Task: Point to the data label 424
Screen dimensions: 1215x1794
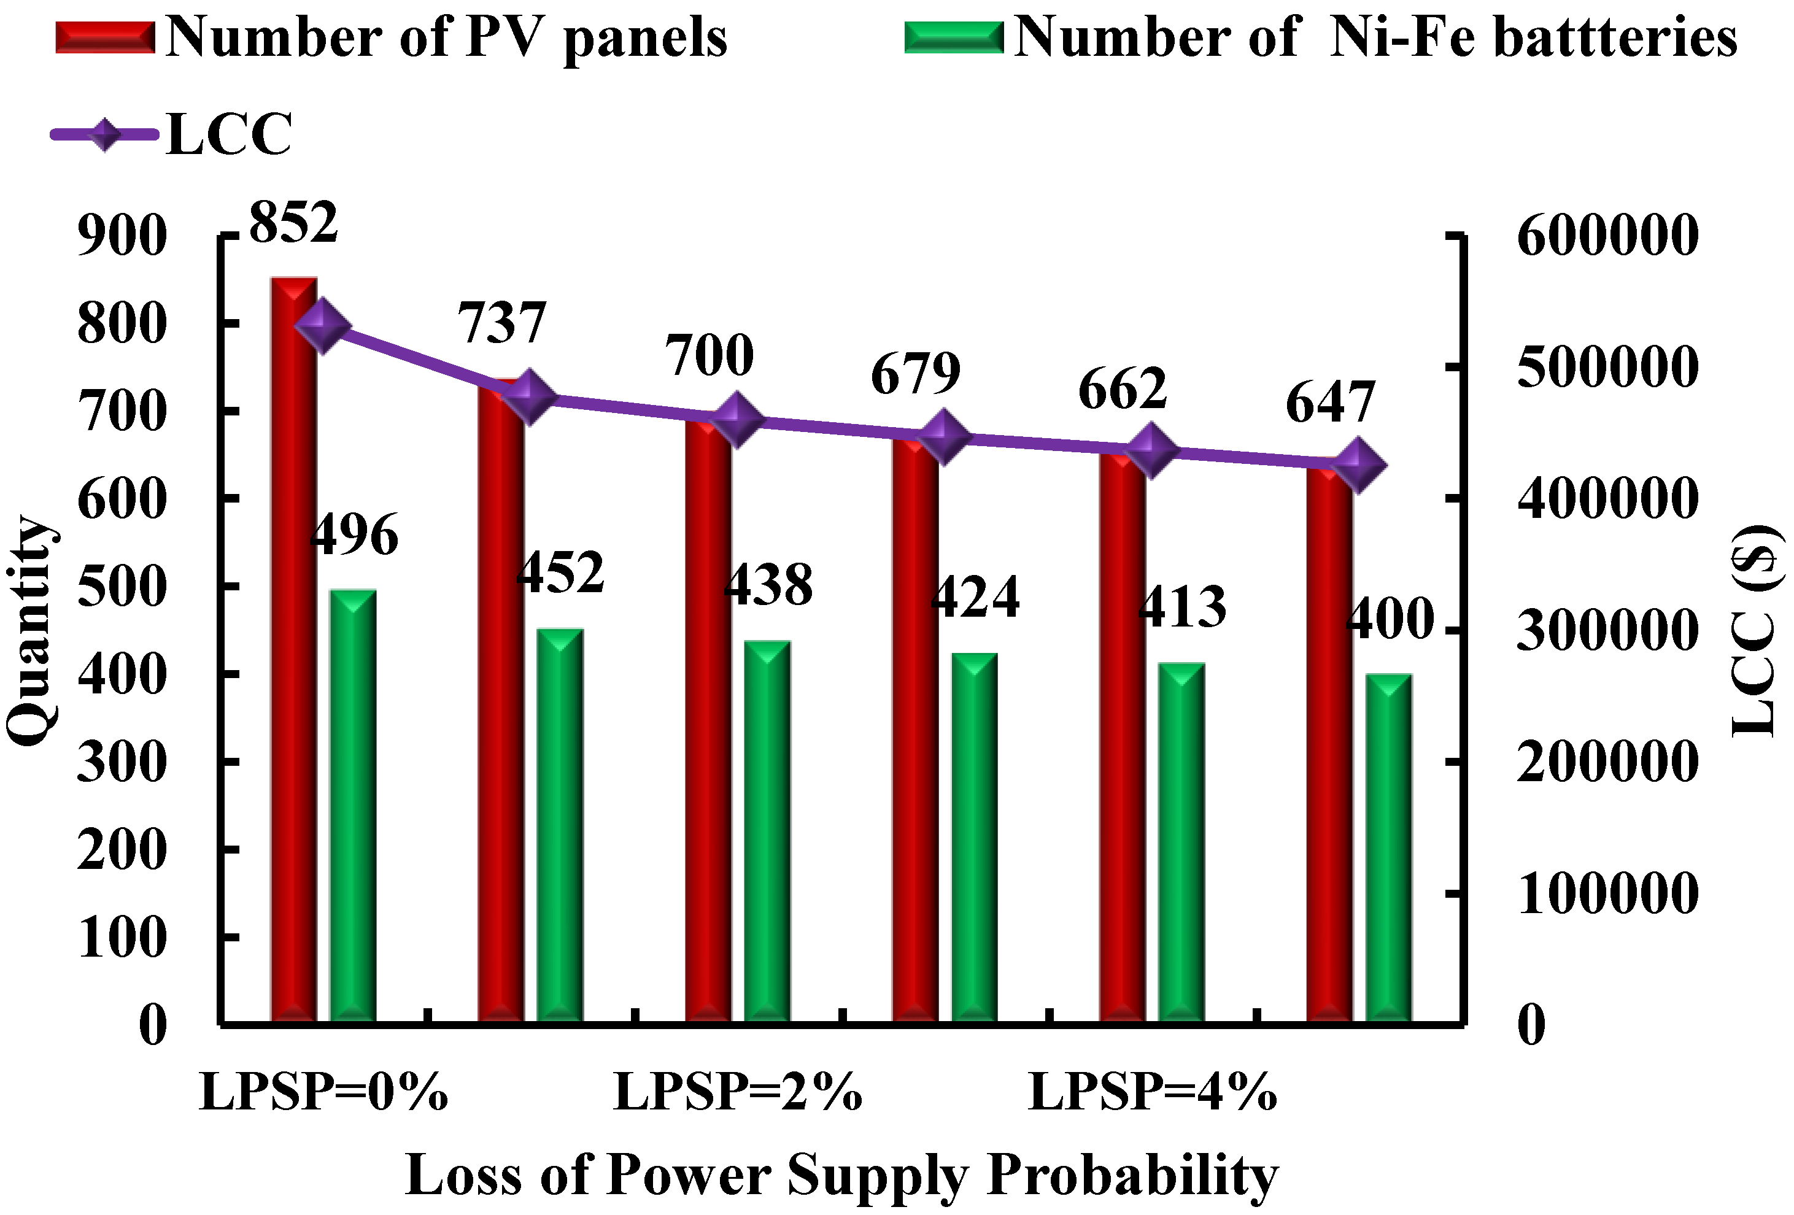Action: pyautogui.click(x=974, y=596)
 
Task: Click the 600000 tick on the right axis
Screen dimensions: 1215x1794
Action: pyautogui.click(x=1607, y=236)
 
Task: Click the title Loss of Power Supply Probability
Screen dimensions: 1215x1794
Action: pyautogui.click(x=841, y=1176)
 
